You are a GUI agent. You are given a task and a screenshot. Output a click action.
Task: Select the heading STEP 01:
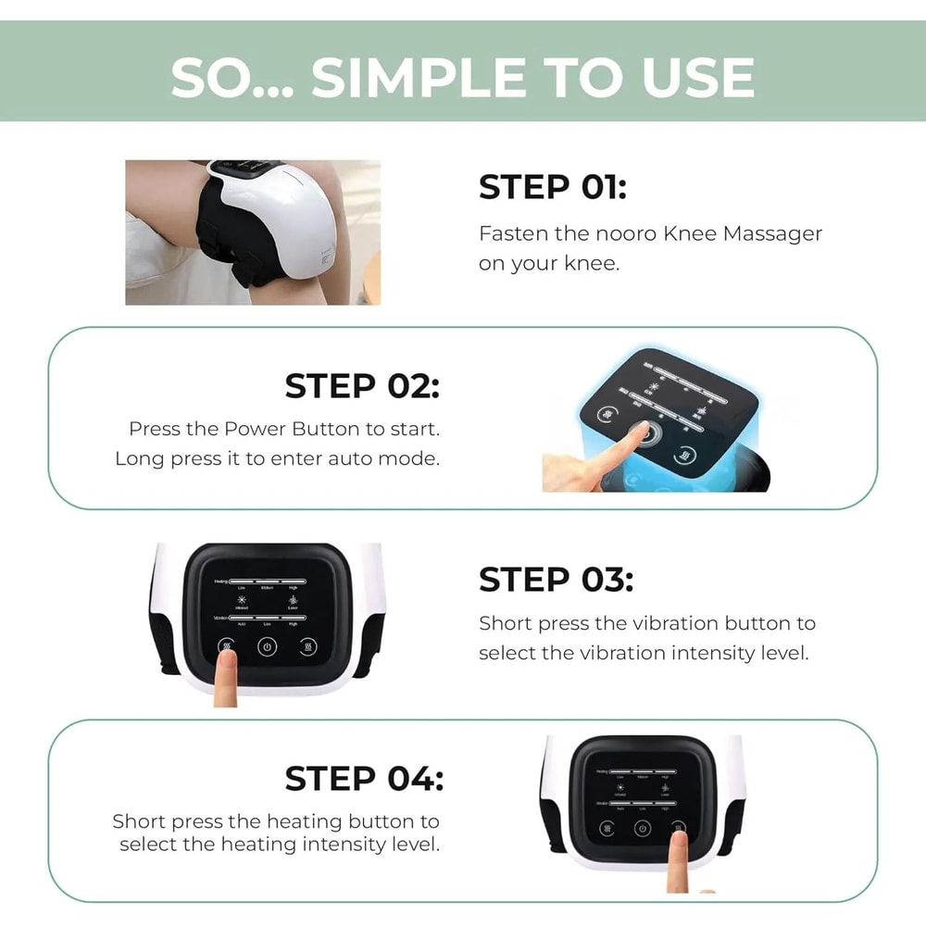click(x=552, y=187)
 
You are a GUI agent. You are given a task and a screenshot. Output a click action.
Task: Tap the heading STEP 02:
click(x=362, y=386)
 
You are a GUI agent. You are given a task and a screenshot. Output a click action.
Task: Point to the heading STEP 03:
click(x=556, y=580)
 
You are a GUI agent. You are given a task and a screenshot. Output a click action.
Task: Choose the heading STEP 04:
click(x=363, y=779)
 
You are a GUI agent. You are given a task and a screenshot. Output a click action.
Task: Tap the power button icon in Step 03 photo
click(x=267, y=647)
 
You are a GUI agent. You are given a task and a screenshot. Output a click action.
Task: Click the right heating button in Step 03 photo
click(x=307, y=647)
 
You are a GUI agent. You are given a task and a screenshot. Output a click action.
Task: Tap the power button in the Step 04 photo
click(x=643, y=828)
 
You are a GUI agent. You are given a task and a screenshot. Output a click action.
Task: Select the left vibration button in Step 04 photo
click(x=606, y=828)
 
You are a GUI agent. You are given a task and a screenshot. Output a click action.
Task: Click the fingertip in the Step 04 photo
click(x=679, y=840)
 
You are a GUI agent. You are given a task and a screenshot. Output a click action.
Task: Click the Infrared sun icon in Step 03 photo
click(x=243, y=599)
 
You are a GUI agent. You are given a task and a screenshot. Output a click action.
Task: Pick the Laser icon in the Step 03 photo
click(x=293, y=599)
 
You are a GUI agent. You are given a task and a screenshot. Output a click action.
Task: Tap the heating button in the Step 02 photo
click(x=686, y=456)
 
